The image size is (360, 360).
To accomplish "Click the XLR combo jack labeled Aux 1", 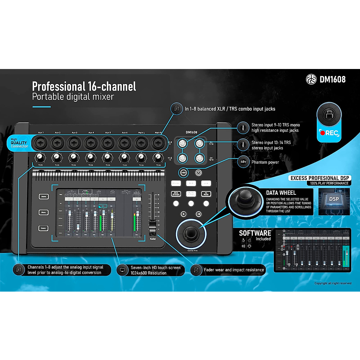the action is (40, 143).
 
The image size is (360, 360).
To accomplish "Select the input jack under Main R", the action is (158, 143).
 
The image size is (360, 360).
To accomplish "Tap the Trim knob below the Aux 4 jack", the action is (90, 157).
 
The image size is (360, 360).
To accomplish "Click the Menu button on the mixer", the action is (43, 212).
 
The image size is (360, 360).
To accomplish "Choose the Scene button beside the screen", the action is (43, 228).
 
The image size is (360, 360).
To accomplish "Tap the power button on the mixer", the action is (199, 172).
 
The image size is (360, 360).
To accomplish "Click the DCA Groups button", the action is (176, 194).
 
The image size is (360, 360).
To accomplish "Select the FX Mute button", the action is (206, 194).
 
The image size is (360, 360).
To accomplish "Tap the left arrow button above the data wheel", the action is (184, 214).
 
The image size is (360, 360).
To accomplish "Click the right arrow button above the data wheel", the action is (199, 214).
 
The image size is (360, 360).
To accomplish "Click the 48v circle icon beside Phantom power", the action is (243, 162).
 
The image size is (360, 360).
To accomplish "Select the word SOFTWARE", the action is (255, 233).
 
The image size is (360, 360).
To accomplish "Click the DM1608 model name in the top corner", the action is (332, 79).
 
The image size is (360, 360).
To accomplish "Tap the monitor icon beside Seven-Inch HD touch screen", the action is (122, 270).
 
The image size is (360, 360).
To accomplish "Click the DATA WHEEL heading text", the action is (281, 193).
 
